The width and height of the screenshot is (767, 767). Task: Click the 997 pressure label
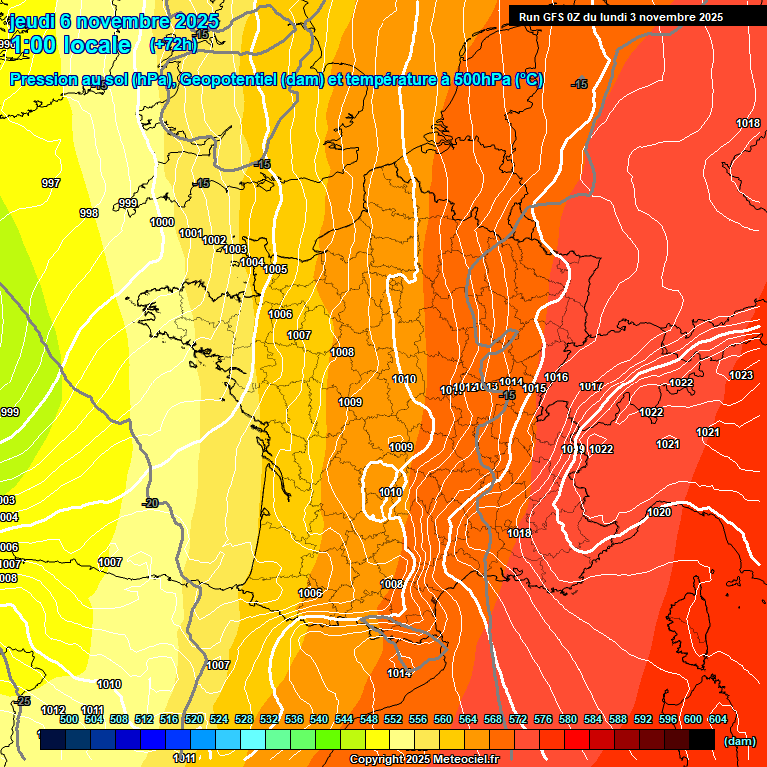coord(50,183)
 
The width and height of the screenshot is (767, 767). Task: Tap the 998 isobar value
coord(89,213)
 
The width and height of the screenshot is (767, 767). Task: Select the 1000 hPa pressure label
coord(162,222)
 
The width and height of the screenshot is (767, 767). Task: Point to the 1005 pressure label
coord(276,269)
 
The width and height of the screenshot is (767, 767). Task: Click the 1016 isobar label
coord(557,377)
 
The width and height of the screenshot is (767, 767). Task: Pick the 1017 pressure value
coord(591,386)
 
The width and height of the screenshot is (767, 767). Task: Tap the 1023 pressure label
coord(741,375)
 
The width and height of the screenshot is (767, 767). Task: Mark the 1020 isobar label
coord(659,512)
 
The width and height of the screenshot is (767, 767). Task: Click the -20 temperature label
coord(150,503)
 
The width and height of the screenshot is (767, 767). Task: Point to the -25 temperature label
coord(23,701)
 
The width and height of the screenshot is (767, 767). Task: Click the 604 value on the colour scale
coord(717,719)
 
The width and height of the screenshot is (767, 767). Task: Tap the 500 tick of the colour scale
coord(69,719)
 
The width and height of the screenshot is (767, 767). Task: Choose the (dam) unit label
coord(739,741)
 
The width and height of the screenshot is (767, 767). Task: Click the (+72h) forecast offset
coord(173,45)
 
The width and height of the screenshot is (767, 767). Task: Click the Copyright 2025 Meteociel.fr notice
coord(423,760)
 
